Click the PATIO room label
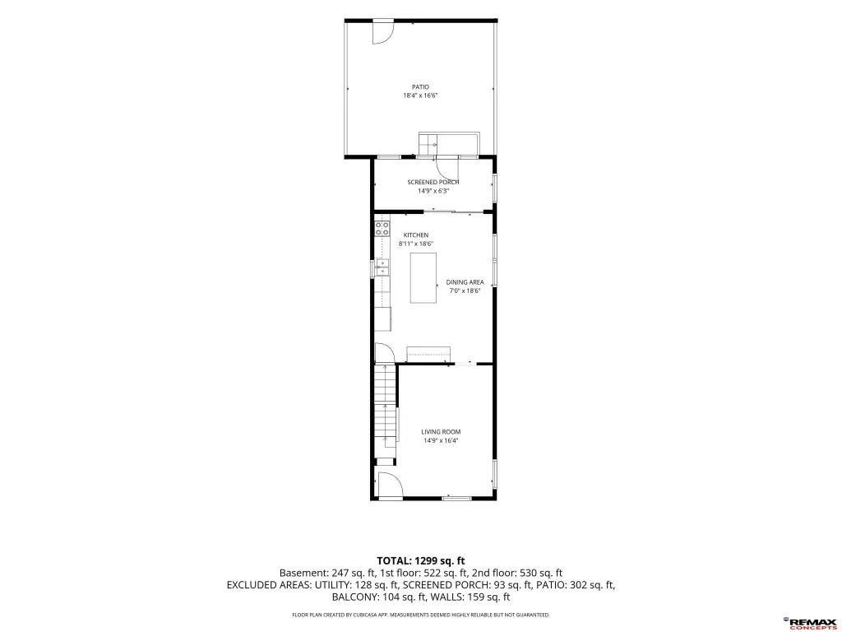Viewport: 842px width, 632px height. [x=420, y=87]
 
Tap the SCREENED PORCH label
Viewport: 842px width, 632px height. [x=433, y=182]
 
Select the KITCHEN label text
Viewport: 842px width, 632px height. [x=416, y=235]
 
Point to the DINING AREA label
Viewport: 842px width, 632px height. [x=465, y=282]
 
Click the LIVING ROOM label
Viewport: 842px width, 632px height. [x=441, y=431]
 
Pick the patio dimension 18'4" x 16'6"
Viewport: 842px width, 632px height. [x=420, y=95]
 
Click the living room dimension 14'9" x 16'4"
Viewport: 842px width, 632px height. [x=441, y=440]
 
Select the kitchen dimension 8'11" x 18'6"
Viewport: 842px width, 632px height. [x=416, y=244]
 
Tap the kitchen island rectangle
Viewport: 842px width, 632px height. [x=423, y=278]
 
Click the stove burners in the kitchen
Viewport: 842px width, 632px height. [x=382, y=228]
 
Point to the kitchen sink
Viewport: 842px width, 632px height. [x=382, y=267]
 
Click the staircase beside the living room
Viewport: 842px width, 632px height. [x=385, y=411]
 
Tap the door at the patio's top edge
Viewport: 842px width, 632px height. [x=383, y=32]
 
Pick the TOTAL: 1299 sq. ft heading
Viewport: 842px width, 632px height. [x=420, y=561]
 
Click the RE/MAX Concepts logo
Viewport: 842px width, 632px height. [x=810, y=622]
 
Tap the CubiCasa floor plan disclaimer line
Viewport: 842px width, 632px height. [x=420, y=615]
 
